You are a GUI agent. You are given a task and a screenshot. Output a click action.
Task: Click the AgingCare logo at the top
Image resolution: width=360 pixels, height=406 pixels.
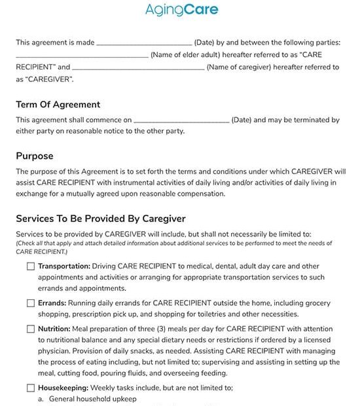[x=181, y=10]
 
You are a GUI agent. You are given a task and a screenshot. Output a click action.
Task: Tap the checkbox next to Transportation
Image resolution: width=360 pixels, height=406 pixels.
[x=31, y=267]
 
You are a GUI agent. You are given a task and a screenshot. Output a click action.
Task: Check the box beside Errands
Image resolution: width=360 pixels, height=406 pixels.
[x=31, y=303]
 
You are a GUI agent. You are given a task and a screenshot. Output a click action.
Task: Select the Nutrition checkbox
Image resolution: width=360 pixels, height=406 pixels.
[x=31, y=329]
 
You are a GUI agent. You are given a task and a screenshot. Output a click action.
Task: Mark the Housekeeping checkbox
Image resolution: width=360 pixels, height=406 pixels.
[x=31, y=387]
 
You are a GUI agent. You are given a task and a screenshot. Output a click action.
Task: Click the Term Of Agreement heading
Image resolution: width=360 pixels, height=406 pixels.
[x=58, y=104]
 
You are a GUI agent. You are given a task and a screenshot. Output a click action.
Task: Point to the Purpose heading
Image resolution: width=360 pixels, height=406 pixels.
[x=35, y=156]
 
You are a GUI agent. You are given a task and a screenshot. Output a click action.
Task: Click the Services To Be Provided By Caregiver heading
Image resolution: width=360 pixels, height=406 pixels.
[x=101, y=218]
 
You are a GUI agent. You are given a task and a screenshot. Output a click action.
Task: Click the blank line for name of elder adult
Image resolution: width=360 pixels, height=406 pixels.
[x=82, y=56]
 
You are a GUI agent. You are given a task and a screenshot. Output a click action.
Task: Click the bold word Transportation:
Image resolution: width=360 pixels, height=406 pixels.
[x=64, y=267]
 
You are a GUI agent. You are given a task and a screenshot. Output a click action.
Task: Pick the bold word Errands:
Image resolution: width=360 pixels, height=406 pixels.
[x=52, y=303]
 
